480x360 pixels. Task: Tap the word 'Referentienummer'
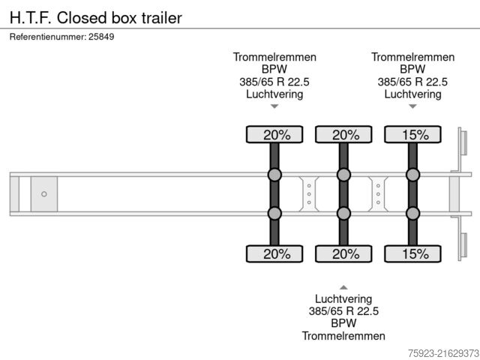coord(47,36)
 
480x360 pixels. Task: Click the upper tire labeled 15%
coord(413,135)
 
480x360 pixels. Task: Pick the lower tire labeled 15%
coord(413,254)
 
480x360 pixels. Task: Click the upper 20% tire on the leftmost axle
coord(274,135)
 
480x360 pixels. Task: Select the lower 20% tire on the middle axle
coord(343,254)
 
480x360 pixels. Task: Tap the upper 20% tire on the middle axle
coord(343,135)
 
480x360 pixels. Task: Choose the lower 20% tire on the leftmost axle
coord(274,254)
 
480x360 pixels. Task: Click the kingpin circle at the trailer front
coord(44,194)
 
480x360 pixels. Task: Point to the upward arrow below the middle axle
coord(343,286)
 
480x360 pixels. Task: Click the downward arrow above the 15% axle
coord(413,106)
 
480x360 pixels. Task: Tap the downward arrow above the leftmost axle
coord(274,106)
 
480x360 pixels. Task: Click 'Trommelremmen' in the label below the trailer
coord(343,336)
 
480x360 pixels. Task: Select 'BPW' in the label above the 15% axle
coord(413,70)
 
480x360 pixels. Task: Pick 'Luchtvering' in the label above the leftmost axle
coord(274,94)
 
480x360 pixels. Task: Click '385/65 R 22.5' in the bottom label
coord(343,311)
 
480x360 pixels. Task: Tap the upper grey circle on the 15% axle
coord(413,175)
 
